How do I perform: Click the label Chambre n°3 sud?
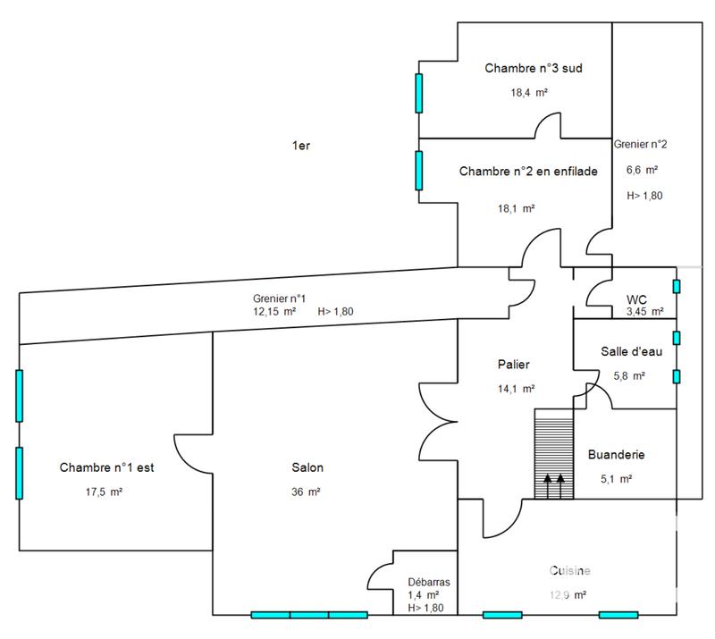534,68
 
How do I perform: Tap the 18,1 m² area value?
516,208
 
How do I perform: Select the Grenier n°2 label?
640,144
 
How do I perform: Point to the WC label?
636,298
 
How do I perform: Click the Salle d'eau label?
631,351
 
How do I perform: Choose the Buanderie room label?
616,455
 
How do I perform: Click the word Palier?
514,364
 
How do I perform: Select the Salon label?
307,467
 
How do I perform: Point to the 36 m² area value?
306,492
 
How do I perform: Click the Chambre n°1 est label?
107,467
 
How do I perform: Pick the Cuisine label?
570,570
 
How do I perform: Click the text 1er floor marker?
300,146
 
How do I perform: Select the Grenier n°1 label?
280,299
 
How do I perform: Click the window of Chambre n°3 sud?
418,93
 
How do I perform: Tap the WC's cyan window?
677,286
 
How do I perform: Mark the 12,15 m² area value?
273,312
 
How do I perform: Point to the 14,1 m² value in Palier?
517,389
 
